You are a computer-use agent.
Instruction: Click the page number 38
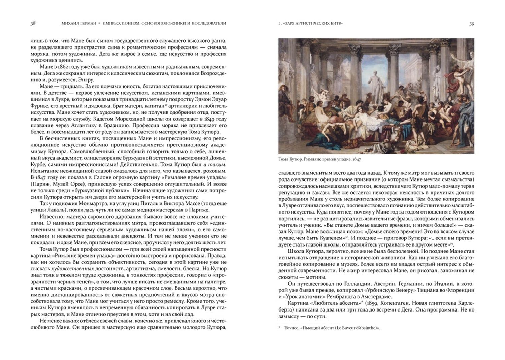33,23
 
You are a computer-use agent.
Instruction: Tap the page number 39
472,24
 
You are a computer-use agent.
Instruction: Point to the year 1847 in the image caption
356,159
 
